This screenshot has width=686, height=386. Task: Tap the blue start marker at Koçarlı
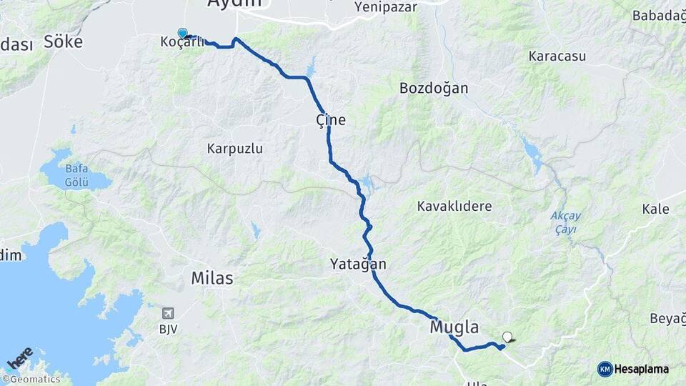(x=183, y=33)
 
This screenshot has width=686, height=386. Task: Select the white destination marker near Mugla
(x=507, y=337)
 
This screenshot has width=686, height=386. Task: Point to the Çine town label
(x=331, y=119)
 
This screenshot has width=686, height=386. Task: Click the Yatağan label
(x=358, y=264)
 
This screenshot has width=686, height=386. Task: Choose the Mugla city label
(x=454, y=327)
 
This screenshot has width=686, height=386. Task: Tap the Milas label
(x=212, y=278)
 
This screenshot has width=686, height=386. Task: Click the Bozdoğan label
(x=434, y=88)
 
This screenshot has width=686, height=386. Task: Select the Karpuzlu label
(x=235, y=149)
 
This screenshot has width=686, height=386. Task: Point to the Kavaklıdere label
(x=454, y=206)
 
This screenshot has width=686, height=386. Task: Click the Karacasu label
(x=557, y=55)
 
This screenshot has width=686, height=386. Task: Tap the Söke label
(x=63, y=41)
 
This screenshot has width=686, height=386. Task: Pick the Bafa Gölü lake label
(x=76, y=176)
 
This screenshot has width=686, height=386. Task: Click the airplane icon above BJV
(x=168, y=313)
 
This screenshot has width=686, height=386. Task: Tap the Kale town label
(x=655, y=209)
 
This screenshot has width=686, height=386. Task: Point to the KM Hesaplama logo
(x=633, y=369)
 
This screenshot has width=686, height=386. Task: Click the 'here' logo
(x=20, y=357)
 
